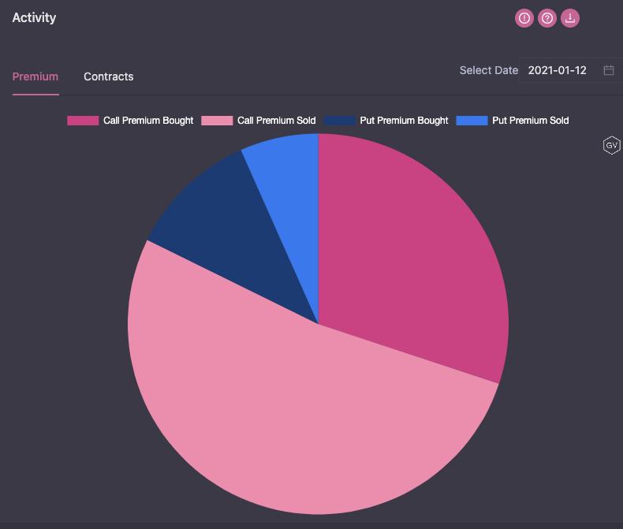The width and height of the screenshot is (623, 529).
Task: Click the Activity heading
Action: (34, 17)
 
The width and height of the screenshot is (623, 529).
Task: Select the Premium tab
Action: (35, 76)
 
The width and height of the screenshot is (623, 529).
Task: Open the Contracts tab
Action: (109, 76)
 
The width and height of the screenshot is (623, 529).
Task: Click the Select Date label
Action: (489, 70)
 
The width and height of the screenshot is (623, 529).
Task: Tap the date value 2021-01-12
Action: (557, 70)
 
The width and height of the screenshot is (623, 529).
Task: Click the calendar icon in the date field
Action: (609, 70)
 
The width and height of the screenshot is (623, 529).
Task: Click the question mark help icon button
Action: (547, 18)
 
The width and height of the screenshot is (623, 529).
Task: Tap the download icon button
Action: (570, 18)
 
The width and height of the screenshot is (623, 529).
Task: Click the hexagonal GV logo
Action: (611, 145)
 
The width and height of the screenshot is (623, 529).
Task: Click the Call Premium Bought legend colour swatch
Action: (83, 121)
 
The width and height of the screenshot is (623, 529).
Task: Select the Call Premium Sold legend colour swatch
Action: (217, 121)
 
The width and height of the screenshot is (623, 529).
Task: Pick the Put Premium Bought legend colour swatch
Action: (339, 121)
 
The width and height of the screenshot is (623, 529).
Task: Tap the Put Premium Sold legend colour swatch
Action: (472, 121)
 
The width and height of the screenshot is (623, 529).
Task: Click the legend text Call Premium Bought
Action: (148, 121)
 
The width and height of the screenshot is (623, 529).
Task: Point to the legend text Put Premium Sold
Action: (530, 121)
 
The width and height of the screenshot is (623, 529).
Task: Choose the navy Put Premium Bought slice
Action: (237, 237)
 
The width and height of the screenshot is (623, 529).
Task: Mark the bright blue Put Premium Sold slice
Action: (288, 189)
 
